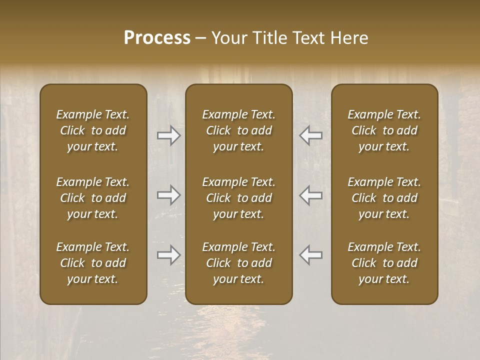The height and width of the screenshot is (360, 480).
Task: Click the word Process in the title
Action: click(x=157, y=38)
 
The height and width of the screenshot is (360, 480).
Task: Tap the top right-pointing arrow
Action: click(x=169, y=135)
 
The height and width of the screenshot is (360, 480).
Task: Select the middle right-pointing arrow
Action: click(x=169, y=195)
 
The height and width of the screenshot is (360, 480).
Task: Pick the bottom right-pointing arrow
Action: click(x=169, y=255)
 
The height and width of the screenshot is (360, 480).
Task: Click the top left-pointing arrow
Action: click(x=310, y=135)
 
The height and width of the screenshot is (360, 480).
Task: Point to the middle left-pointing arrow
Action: click(x=310, y=195)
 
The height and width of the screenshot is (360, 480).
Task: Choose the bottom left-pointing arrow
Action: click(x=310, y=255)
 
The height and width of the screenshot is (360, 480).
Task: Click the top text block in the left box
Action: click(x=93, y=130)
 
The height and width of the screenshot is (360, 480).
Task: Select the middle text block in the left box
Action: click(x=93, y=198)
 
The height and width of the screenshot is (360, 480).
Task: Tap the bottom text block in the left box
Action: click(x=93, y=263)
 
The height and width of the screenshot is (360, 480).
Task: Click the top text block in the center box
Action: click(x=238, y=130)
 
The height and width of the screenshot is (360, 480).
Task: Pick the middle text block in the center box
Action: click(x=238, y=198)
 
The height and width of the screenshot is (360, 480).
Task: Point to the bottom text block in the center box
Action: click(x=238, y=263)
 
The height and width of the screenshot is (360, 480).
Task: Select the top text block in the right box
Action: click(x=384, y=130)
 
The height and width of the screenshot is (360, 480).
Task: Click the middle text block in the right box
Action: click(x=384, y=198)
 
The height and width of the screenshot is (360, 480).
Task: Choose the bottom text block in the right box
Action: click(x=384, y=263)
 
